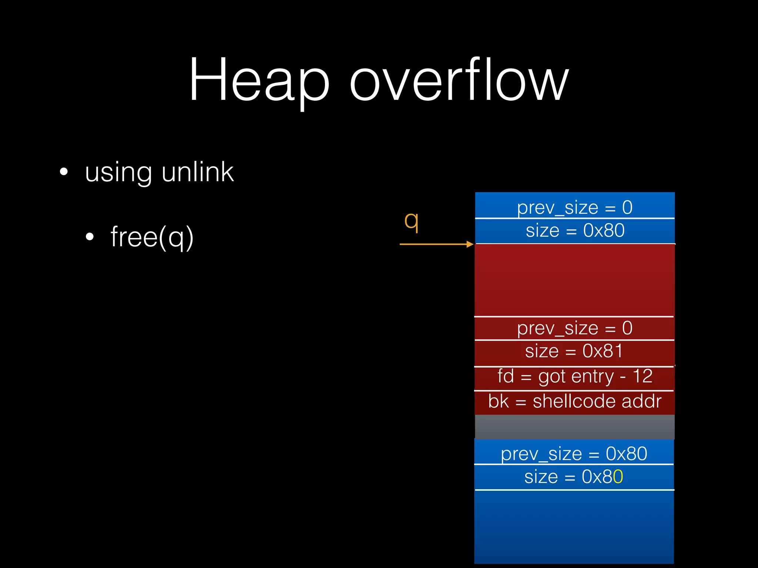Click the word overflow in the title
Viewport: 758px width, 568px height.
[x=459, y=80]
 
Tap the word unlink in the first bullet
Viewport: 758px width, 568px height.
[x=198, y=172]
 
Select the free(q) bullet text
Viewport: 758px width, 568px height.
[x=152, y=237]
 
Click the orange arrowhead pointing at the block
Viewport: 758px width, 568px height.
[x=470, y=244]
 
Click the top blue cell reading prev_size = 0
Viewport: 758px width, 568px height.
[x=574, y=207]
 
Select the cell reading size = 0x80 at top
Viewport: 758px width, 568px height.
[x=575, y=231]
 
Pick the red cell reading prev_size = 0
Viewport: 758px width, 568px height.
[x=574, y=328]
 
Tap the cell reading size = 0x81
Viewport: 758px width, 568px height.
[x=574, y=351]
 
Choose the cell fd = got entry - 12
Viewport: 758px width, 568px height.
[x=574, y=377]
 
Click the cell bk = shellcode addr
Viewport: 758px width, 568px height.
[x=574, y=402]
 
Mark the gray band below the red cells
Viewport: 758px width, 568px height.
[x=574, y=427]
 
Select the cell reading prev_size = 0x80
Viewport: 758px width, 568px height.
[x=574, y=453]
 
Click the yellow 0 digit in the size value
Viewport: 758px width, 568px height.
[x=618, y=477]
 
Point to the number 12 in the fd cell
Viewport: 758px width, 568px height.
[x=643, y=376]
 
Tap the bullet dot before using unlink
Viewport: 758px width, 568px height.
[x=64, y=172]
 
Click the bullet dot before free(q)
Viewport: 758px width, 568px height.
[x=90, y=237]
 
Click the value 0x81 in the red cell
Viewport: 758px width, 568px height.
[x=603, y=351]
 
